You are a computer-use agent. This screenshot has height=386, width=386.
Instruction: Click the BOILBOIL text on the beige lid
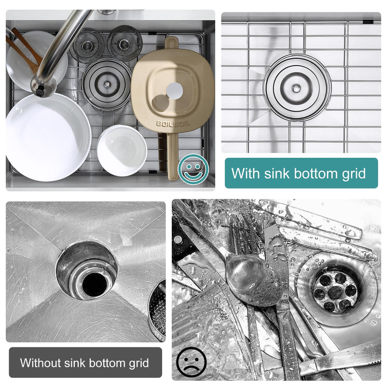tap(173, 123)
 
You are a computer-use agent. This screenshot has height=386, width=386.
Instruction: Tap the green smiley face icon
tap(193, 169)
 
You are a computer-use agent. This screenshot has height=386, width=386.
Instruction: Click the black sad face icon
tap(191, 362)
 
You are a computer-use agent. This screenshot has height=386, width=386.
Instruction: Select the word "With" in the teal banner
tap(246, 173)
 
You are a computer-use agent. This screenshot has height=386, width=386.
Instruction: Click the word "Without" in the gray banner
tap(41, 363)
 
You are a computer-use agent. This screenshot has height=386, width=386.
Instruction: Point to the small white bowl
tap(122, 150)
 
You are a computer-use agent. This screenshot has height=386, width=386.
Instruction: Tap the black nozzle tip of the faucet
tap(40, 92)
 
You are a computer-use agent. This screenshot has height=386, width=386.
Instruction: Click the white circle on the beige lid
tap(175, 91)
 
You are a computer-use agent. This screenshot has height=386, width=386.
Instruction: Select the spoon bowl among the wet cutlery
tap(248, 272)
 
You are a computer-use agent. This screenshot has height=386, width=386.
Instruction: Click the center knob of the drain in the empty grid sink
tap(296, 87)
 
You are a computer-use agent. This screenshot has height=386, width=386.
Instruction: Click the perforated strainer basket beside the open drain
tap(157, 310)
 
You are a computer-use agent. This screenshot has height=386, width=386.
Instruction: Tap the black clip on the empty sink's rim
tap(368, 21)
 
